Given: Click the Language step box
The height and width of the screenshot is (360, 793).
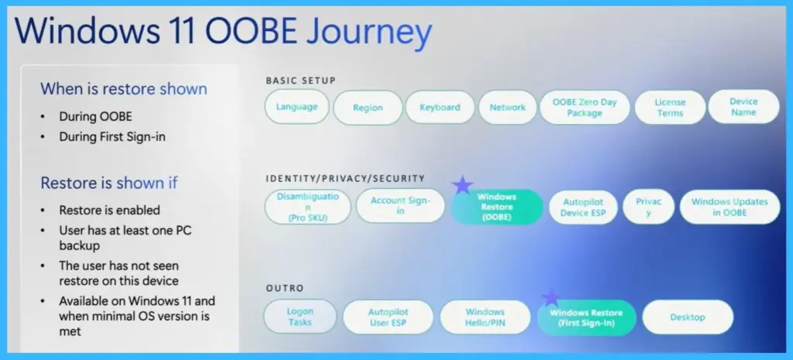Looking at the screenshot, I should [297, 107].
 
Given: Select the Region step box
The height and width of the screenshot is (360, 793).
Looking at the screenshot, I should [368, 108].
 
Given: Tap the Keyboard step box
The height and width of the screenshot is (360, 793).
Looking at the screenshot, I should [440, 108].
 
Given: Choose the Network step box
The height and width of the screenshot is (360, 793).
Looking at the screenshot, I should [507, 108].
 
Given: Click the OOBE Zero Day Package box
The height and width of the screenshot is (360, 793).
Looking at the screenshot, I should [584, 108].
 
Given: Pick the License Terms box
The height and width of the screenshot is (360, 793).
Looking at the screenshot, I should [670, 108].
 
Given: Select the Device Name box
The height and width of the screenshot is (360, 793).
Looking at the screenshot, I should [743, 107].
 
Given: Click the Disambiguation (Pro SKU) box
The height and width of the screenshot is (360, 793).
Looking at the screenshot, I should [307, 207].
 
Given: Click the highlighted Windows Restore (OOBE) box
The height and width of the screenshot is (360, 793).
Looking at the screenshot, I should [496, 207].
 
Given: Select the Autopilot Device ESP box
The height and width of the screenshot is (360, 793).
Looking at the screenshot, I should [582, 207].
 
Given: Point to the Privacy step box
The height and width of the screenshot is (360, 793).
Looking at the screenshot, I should [648, 207].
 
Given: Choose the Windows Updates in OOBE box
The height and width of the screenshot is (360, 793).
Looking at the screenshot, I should [729, 207].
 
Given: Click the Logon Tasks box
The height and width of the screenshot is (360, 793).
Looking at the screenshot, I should [300, 317].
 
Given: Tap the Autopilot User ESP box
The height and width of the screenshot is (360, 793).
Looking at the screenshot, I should [388, 317].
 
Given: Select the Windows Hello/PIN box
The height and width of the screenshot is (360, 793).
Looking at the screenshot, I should [485, 317].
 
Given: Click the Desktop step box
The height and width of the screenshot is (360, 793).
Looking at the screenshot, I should [688, 317].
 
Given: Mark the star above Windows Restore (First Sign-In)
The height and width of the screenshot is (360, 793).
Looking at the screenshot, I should [551, 297].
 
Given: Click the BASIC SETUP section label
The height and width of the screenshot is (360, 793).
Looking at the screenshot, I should [300, 81].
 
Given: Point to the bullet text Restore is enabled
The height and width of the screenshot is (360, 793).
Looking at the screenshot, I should [110, 210].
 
